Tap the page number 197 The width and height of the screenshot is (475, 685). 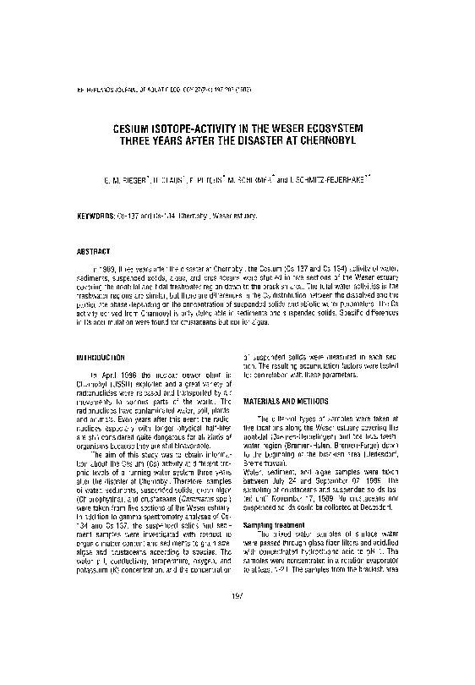237,645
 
